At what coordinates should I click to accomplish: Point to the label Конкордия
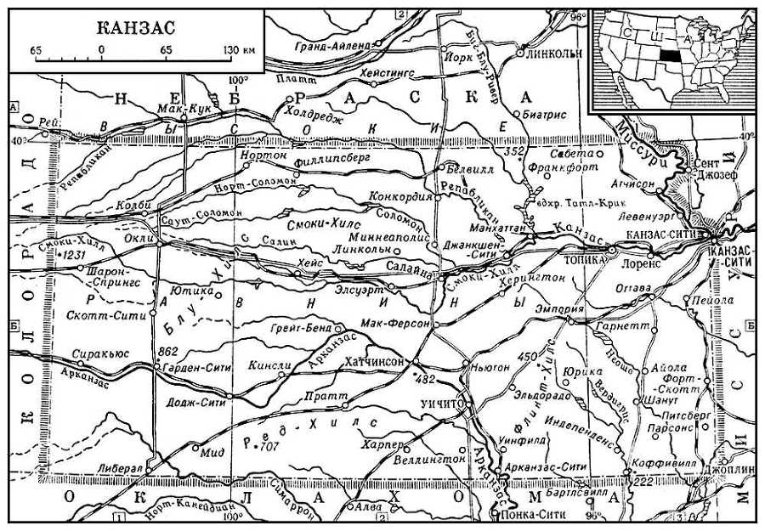(394, 196)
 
